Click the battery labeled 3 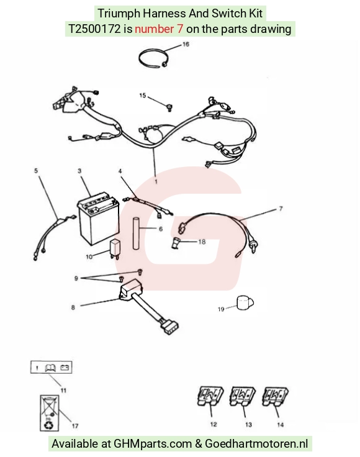click(98, 219)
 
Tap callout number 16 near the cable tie click(186, 44)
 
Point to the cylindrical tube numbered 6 click(136, 233)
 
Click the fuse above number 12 click(210, 396)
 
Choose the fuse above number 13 click(242, 396)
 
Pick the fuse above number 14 click(275, 396)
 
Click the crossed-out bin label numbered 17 click(49, 413)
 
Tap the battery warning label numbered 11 click(52, 367)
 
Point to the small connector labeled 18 click(176, 243)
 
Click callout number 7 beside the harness click(281, 209)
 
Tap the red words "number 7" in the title click(159, 29)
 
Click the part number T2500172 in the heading click(94, 29)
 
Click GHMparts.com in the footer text click(153, 443)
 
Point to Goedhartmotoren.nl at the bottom click(256, 443)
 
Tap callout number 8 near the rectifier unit click(73, 307)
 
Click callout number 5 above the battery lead click(36, 171)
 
